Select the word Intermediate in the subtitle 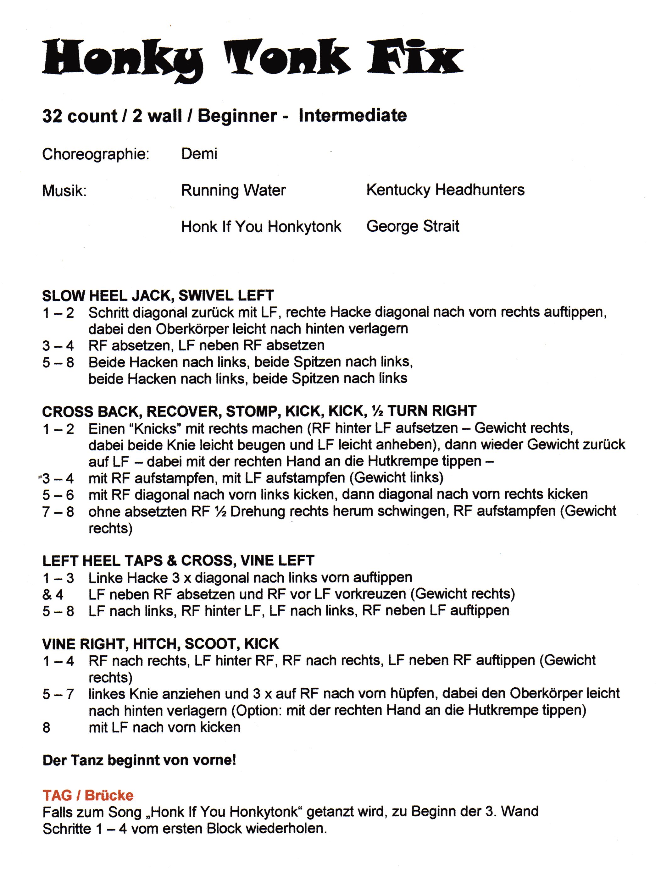(353, 116)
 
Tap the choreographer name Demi (199, 154)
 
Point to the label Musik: (64, 191)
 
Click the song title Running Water (233, 190)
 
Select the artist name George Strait (413, 226)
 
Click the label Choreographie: (96, 154)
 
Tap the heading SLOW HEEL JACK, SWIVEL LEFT (158, 295)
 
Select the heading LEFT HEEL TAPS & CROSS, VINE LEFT (178, 560)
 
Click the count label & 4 (53, 594)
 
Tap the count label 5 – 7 (58, 693)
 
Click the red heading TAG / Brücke (88, 795)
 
